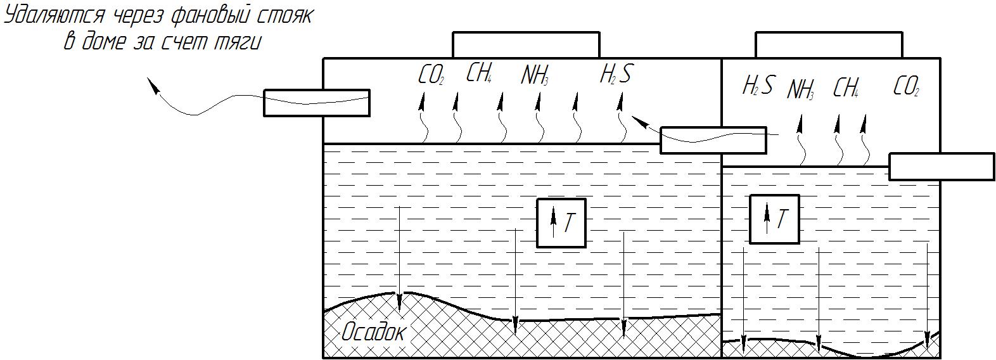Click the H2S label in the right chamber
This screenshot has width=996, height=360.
click(757, 86)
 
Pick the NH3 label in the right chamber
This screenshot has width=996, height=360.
click(800, 90)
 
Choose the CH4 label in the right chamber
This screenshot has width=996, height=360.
click(845, 88)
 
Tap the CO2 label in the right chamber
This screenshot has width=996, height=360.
click(905, 86)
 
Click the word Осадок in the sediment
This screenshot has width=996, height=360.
click(373, 331)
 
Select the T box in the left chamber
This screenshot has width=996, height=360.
click(561, 222)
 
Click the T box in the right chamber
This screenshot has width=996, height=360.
click(774, 219)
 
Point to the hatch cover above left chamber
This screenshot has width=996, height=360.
click(525, 45)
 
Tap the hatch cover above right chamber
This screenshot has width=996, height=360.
click(828, 45)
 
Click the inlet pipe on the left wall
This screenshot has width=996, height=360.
click(316, 103)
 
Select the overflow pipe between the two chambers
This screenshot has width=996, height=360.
click(713, 140)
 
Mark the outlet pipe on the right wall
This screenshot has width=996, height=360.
click(941, 167)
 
